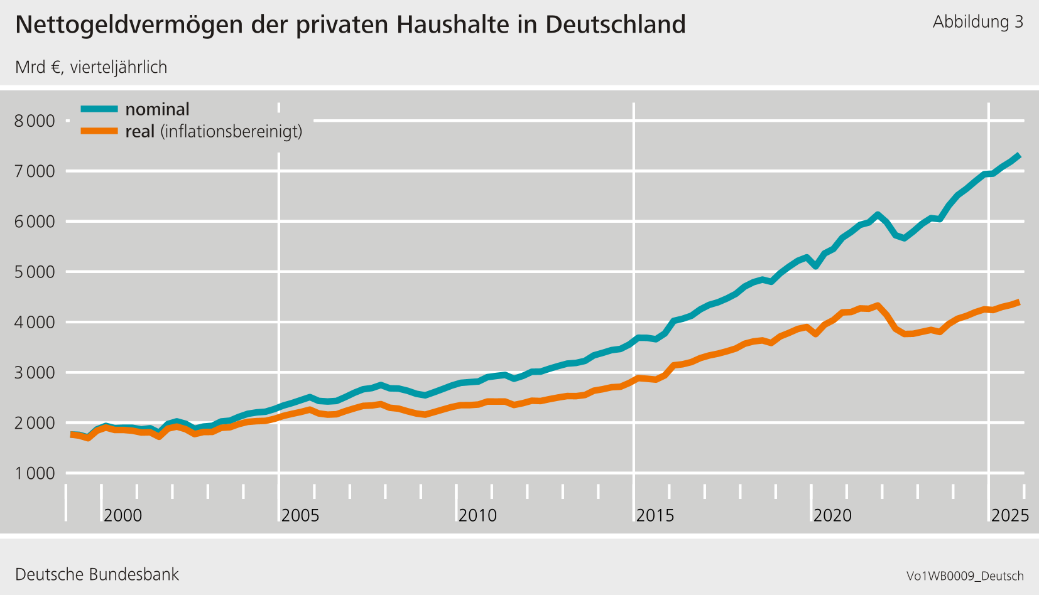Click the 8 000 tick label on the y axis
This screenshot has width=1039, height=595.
click(35, 121)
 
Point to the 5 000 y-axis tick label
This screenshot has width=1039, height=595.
click(35, 272)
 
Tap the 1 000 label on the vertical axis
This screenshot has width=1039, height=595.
click(35, 473)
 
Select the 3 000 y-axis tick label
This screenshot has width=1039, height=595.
click(35, 373)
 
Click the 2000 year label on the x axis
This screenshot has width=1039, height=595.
click(122, 515)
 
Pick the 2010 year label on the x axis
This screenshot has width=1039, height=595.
click(477, 515)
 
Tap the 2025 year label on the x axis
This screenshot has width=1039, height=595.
click(1009, 515)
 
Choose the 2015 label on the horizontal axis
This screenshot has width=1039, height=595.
click(655, 515)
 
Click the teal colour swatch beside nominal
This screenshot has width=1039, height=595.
click(99, 109)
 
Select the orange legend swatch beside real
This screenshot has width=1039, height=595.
click(99, 131)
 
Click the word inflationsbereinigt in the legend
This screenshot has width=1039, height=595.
click(231, 132)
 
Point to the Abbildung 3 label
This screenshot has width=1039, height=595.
click(977, 22)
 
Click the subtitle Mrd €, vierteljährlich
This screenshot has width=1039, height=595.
click(91, 67)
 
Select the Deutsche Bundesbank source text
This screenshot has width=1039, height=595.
click(97, 574)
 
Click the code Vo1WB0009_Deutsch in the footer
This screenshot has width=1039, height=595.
click(965, 576)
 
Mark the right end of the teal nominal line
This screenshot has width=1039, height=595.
click(1019, 156)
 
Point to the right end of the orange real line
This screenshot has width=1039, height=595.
click(1019, 303)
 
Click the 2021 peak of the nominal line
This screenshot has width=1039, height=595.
click(878, 215)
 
